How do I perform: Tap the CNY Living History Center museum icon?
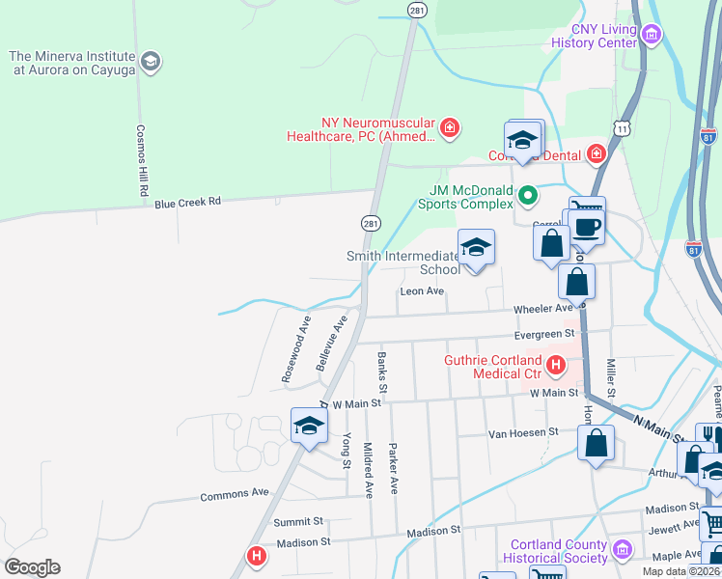click(x=652, y=37)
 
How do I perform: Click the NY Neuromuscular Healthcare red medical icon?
click(x=448, y=127)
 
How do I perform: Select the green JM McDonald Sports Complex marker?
click(x=527, y=196)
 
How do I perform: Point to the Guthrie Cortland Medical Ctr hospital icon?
click(x=556, y=365)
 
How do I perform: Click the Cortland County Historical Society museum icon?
click(x=623, y=550)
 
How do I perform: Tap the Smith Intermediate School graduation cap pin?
click(x=475, y=249)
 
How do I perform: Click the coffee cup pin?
click(x=586, y=228)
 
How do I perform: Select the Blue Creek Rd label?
click(x=188, y=202)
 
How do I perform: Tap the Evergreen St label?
click(x=544, y=334)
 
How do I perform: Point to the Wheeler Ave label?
click(x=542, y=308)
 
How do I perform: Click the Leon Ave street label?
click(x=422, y=290)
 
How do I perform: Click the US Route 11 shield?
click(x=623, y=126)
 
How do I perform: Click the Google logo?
click(x=32, y=567)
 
